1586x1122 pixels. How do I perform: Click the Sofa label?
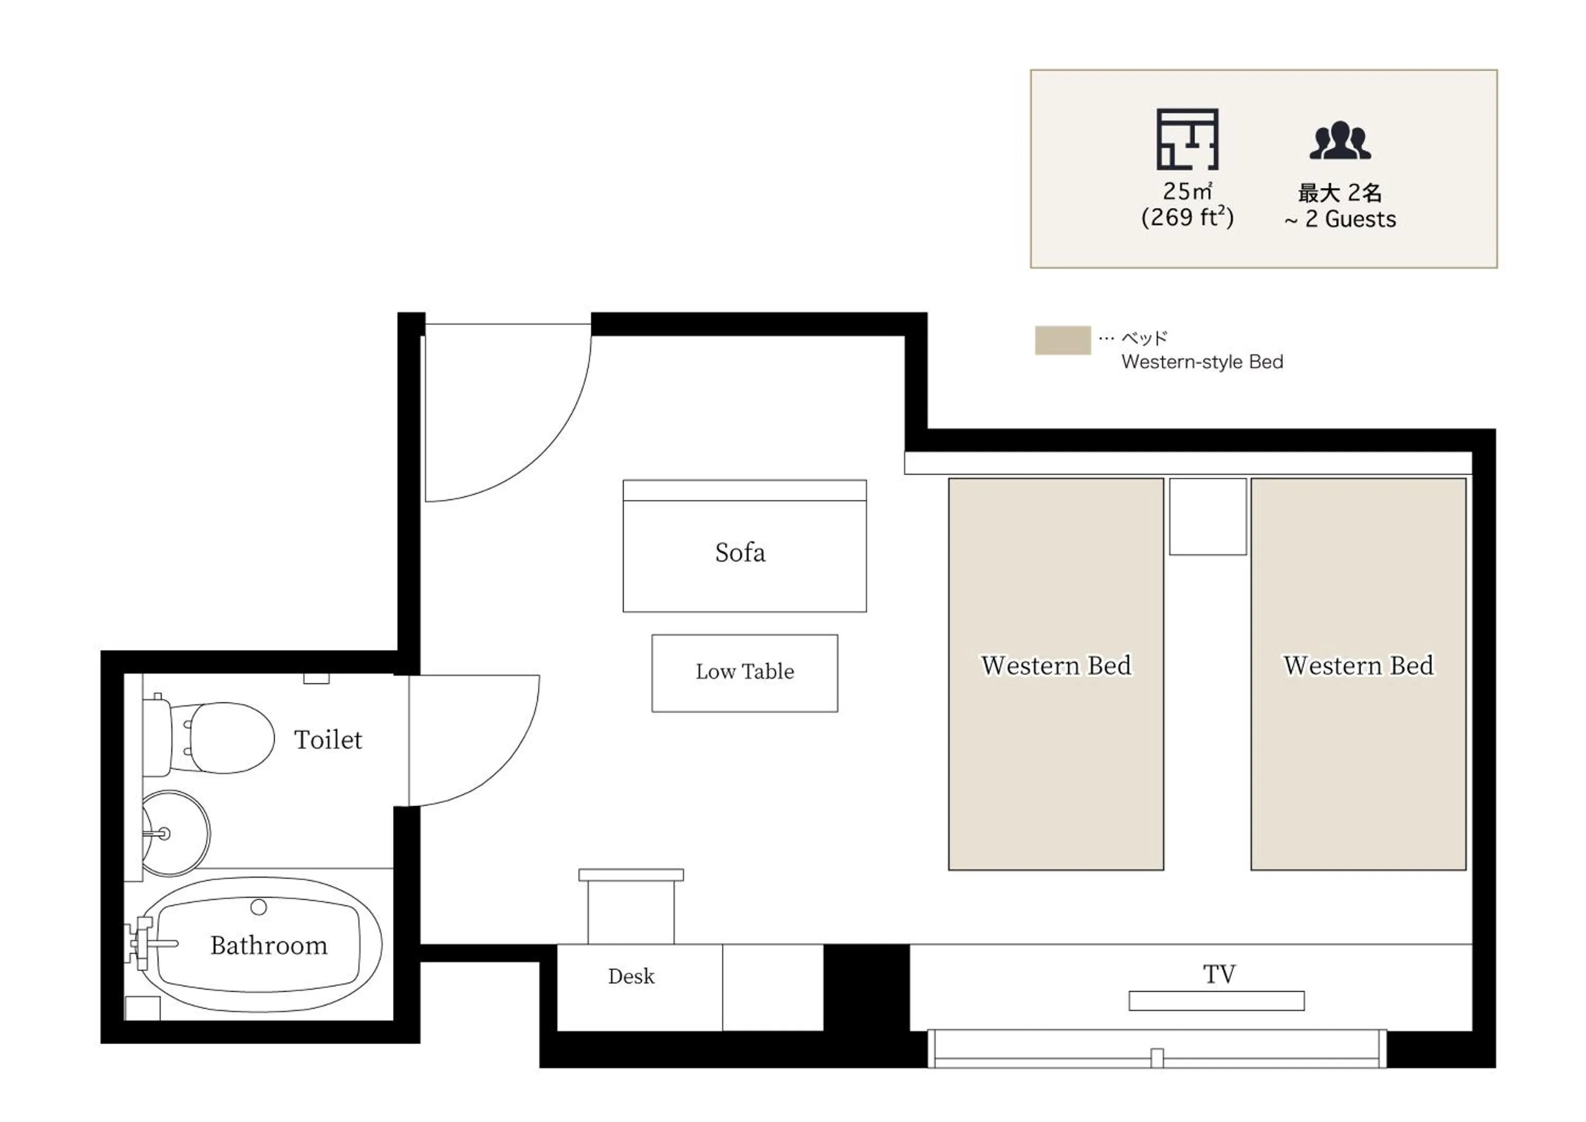740,553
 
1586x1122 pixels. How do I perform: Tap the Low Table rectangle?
745,673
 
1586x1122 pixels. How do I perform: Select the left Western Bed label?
1056,665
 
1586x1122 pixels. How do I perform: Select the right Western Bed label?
1358,665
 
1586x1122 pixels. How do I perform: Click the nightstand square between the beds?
1207,516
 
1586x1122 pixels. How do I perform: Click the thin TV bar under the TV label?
1216,1001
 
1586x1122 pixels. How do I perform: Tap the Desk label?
631,976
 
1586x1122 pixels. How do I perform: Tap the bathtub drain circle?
259,907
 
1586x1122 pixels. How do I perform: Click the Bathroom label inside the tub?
269,945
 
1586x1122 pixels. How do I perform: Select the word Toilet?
327,740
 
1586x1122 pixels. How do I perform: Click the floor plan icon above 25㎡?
1187,139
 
